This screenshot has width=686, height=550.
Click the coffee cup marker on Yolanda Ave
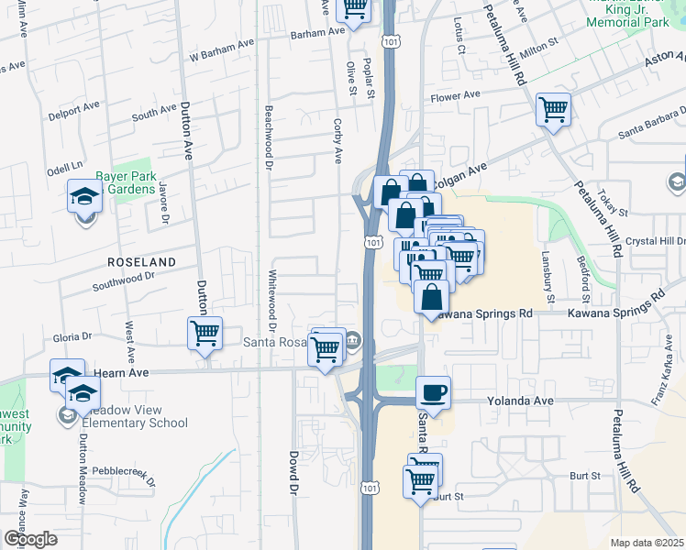(x=434, y=392)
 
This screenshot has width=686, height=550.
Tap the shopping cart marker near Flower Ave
(x=554, y=110)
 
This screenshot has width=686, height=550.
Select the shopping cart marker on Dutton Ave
(x=205, y=333)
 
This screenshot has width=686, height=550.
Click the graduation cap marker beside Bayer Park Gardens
(x=84, y=197)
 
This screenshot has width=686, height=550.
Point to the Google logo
(x=29, y=539)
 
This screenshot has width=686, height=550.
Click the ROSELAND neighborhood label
(x=141, y=262)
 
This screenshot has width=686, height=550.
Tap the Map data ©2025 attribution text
(x=647, y=543)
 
